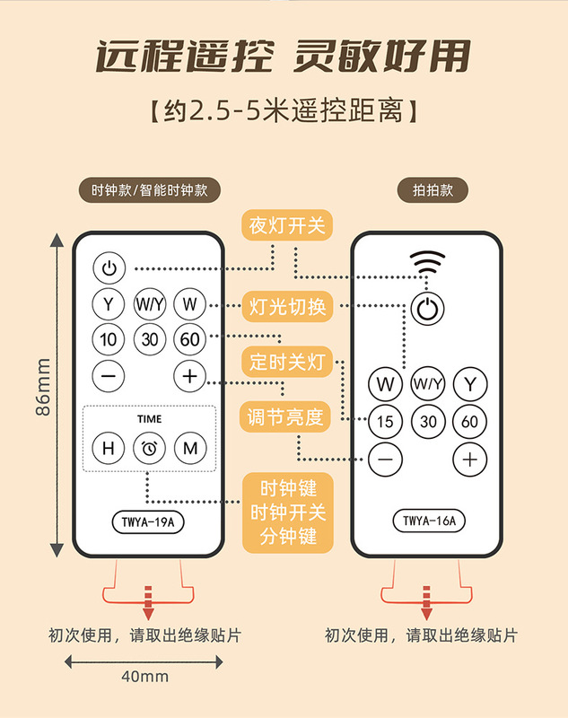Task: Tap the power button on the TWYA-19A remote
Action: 109,267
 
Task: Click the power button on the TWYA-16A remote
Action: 429,310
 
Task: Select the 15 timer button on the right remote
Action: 386,421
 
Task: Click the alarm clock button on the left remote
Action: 149,448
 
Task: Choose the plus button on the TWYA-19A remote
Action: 189,376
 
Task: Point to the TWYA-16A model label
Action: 428,520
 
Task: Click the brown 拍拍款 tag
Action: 428,190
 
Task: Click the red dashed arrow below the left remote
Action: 149,602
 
